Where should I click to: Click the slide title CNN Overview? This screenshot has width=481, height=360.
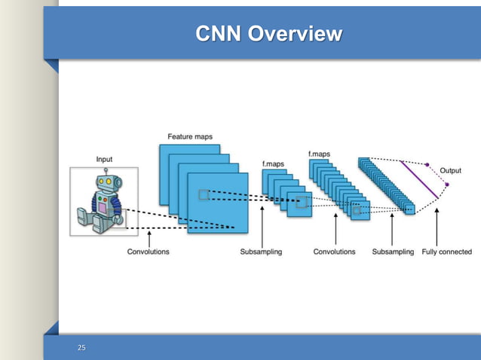tap(268, 34)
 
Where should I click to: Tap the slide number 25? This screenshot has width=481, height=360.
tap(82, 347)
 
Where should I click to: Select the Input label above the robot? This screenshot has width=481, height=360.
tap(105, 159)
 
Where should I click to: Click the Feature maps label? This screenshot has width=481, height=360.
tap(189, 137)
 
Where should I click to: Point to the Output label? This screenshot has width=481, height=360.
tap(451, 170)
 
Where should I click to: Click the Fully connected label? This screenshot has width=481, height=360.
tap(446, 252)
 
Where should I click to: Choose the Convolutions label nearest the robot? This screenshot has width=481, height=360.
tap(148, 252)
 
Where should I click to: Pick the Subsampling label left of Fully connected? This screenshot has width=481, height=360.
tap(393, 252)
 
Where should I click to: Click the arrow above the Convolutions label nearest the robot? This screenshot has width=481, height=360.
tap(149, 239)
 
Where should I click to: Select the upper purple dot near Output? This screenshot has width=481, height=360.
tap(427, 164)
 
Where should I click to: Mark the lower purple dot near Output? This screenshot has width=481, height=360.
tap(446, 184)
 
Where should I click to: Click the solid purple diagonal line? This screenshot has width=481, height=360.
tap(418, 179)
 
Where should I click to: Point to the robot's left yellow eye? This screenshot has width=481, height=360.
tap(100, 182)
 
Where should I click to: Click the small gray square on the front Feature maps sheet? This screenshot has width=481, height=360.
tap(203, 195)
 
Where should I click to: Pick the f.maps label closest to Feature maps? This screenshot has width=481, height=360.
tap(272, 163)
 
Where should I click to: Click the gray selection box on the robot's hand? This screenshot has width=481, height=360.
tap(118, 219)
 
